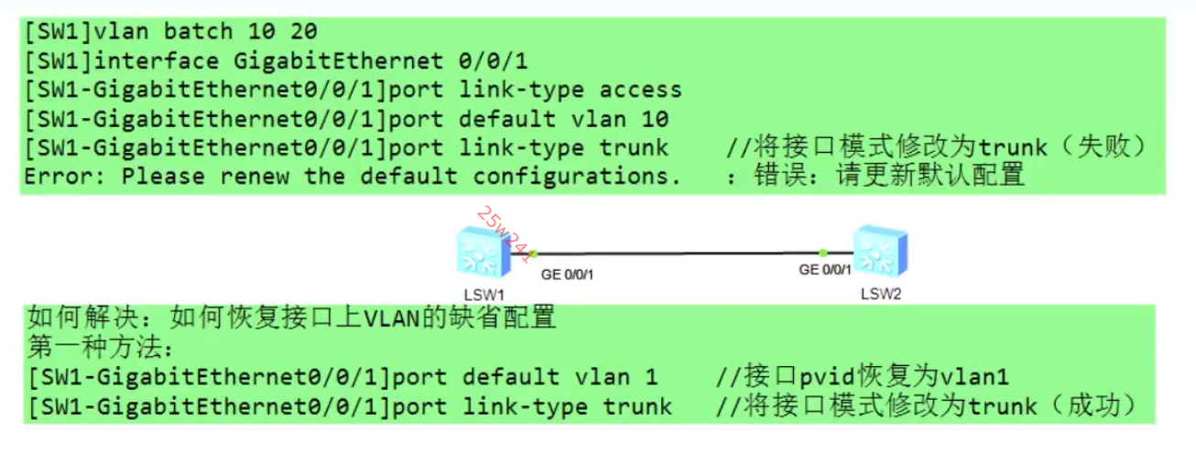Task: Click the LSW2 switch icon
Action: pos(881,252)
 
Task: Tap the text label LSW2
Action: pos(882,294)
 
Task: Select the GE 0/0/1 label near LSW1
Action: pos(567,273)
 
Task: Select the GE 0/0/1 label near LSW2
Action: pos(825,270)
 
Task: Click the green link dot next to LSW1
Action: pos(533,253)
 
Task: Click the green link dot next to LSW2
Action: pos(823,252)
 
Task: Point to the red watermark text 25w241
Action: pos(503,233)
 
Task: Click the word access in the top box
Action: pos(640,90)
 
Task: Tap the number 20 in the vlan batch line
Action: pos(303,32)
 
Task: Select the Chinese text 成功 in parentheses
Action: pos(1095,405)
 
